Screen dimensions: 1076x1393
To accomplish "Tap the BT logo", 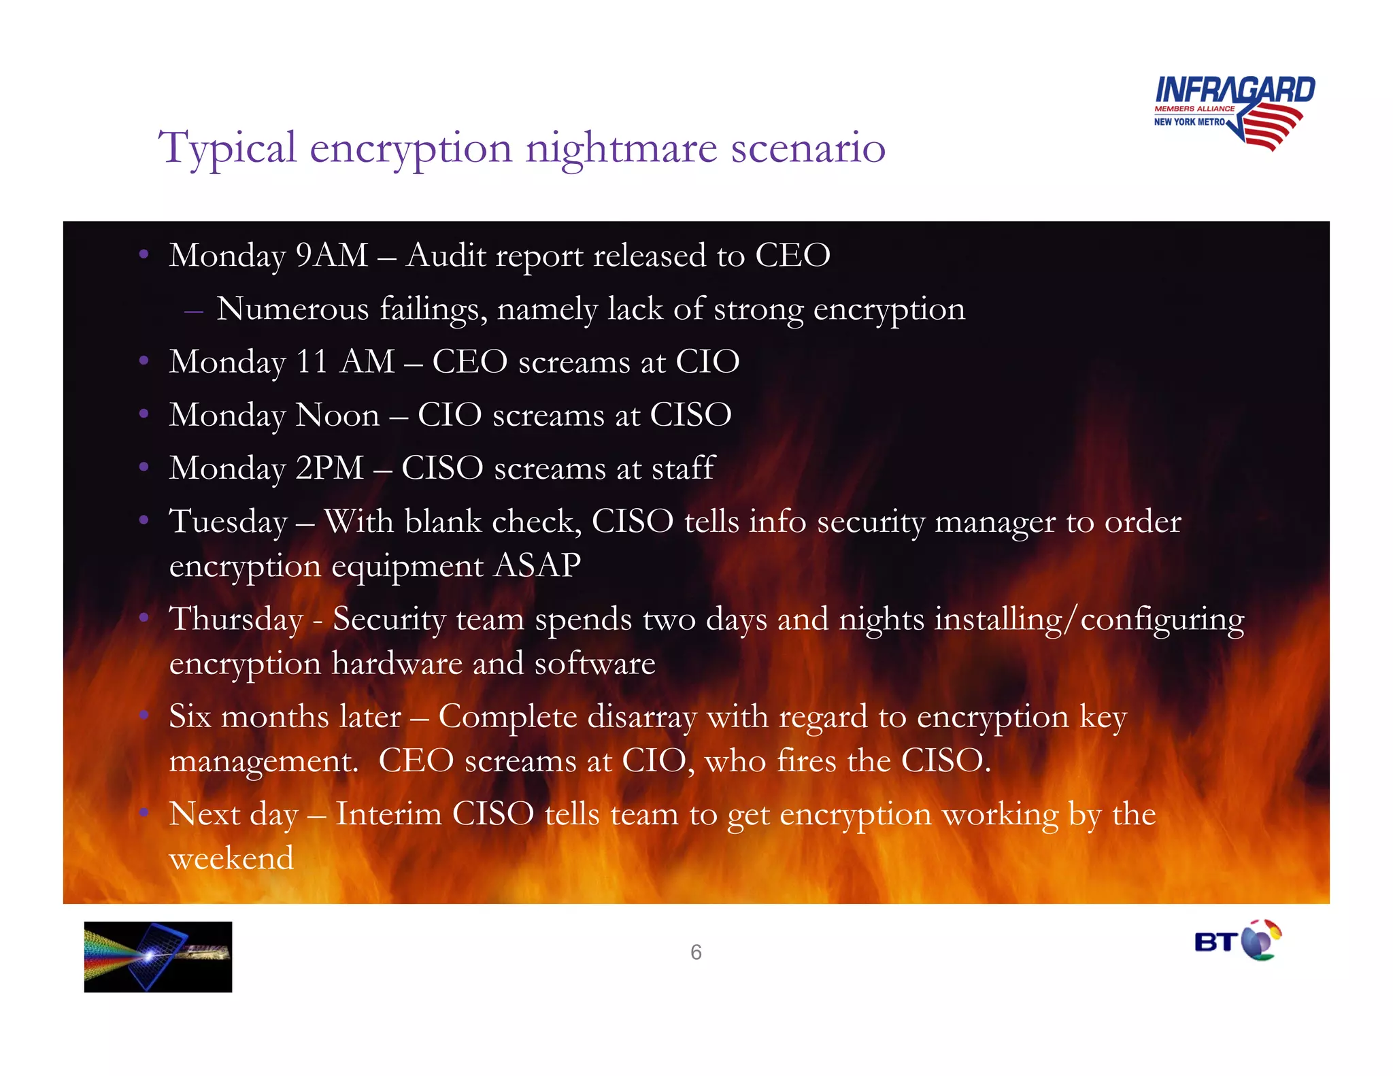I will coord(1237,941).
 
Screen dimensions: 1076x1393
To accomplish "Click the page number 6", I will coord(696,952).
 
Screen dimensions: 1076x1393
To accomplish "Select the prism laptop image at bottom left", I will coord(158,956).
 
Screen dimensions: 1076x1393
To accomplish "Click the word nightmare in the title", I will coord(621,148).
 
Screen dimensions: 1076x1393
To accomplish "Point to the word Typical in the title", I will coord(227,148).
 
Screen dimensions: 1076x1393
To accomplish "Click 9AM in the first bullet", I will coord(332,256).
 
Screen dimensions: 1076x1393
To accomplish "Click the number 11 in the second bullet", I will coord(312,362).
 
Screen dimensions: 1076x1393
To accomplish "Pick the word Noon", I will coord(337,415).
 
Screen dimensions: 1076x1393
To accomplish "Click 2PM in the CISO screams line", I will coord(330,469).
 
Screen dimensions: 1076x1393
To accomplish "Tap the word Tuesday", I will coord(229,522).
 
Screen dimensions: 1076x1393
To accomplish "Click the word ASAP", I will coord(537,566).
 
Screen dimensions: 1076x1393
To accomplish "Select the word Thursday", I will coord(235,620).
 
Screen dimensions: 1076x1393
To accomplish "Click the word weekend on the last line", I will coord(231,858).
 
